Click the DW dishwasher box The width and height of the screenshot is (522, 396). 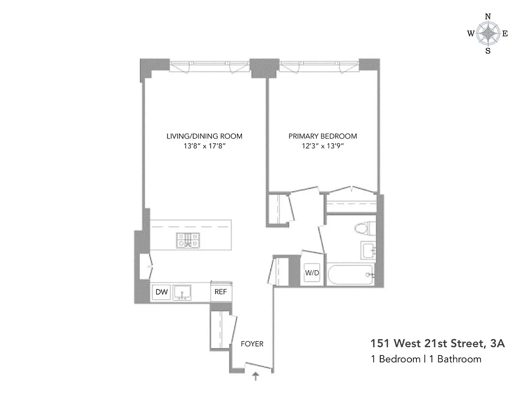[162, 292]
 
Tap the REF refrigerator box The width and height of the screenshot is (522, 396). [220, 292]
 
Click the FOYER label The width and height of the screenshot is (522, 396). [252, 344]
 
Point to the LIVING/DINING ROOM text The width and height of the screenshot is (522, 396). [204, 136]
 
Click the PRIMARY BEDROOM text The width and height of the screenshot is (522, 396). [323, 136]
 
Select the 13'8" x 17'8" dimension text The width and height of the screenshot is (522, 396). [204, 146]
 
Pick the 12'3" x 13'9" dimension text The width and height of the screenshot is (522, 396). [323, 146]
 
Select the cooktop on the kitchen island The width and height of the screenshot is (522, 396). [188, 240]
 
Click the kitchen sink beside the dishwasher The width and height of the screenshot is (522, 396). [184, 293]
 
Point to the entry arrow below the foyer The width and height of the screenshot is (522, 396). [256, 377]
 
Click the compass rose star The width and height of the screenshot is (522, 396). [488, 34]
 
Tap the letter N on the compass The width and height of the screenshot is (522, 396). [488, 16]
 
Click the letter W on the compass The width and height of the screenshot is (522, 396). [470, 34]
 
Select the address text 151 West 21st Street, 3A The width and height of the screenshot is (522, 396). [438, 344]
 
